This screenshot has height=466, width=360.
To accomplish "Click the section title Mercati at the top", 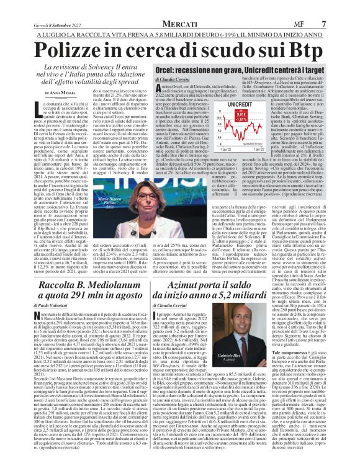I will [x=179, y=7].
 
